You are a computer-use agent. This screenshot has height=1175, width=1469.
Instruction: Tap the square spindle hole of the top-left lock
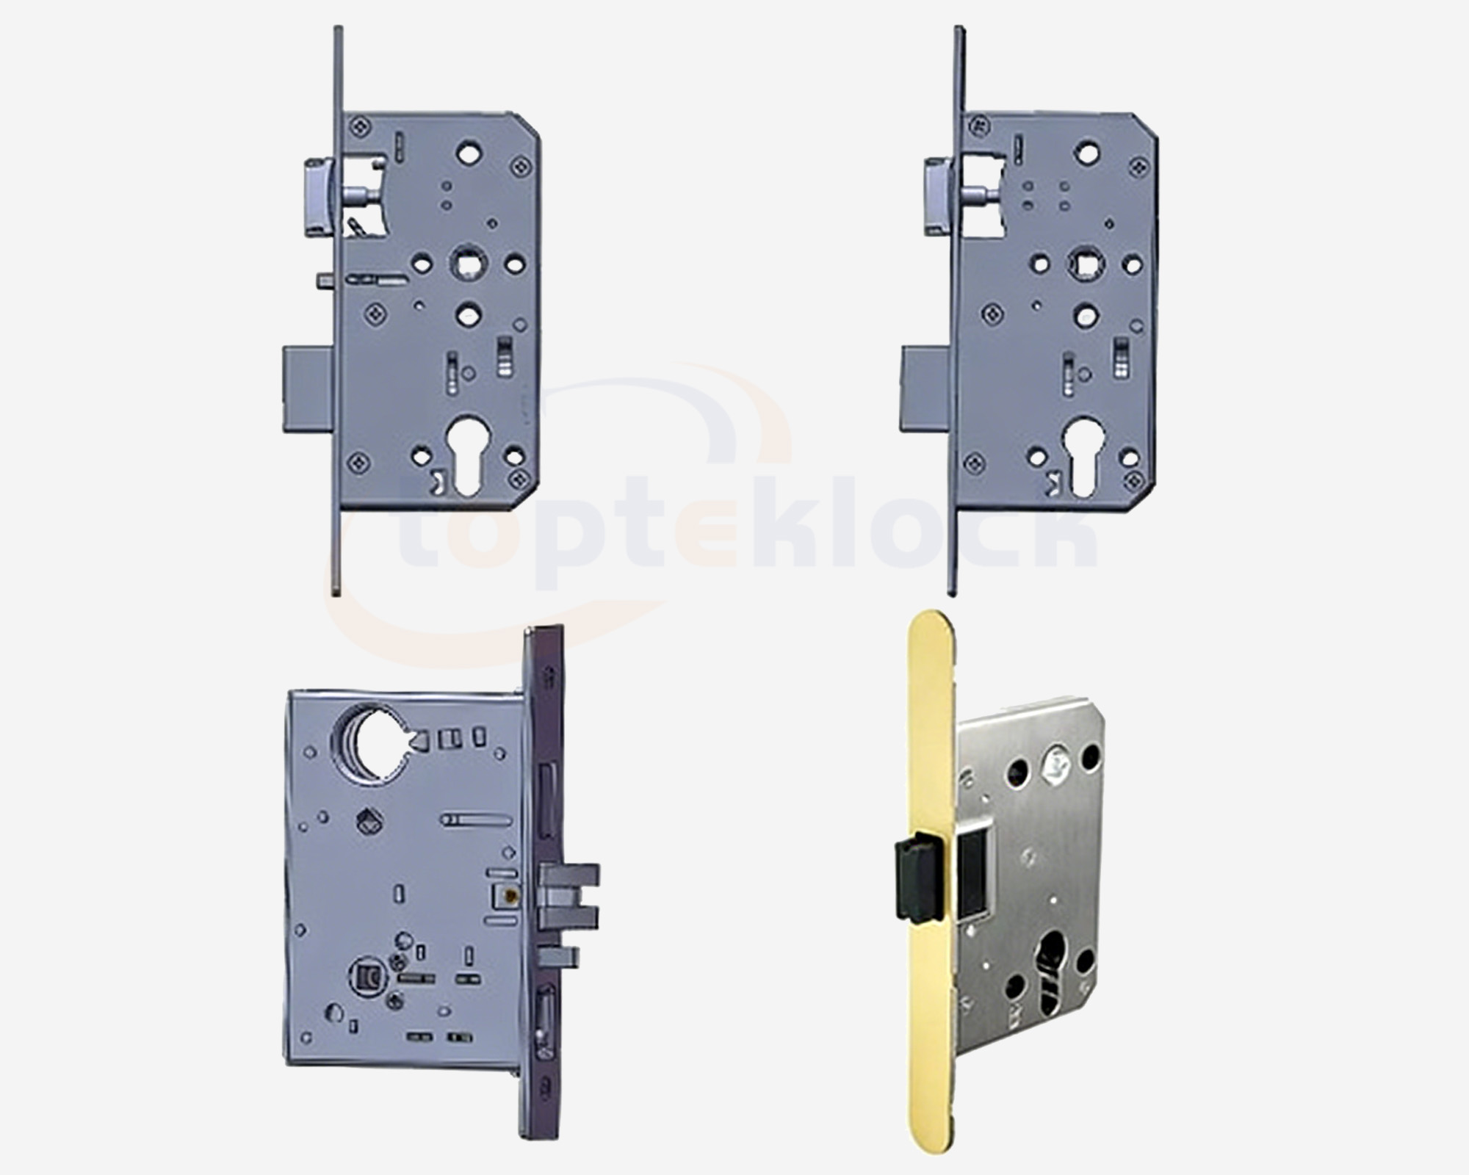click(466, 262)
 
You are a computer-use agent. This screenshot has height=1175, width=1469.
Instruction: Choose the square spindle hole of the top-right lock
click(1086, 262)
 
